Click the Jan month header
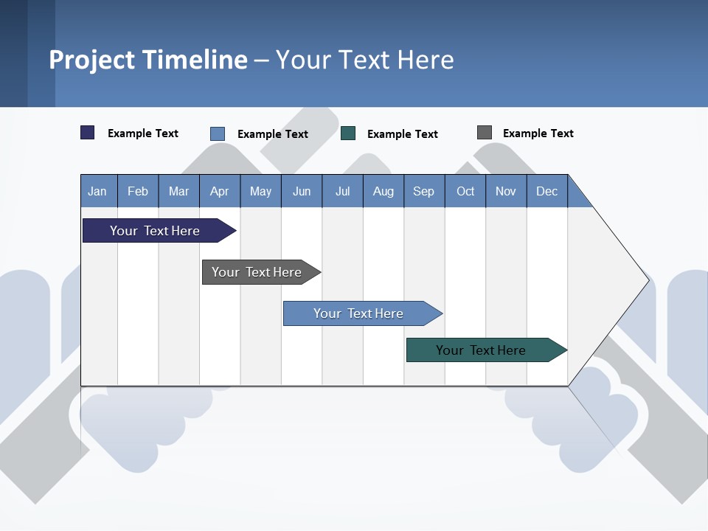pos(97,191)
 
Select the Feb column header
pos(138,191)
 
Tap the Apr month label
pos(219,191)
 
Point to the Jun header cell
pos(302,191)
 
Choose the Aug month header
pos(383,191)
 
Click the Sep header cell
pos(423,191)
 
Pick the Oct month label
pos(465,191)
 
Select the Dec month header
pos(546,191)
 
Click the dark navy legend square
pos(88,133)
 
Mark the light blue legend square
pos(218,133)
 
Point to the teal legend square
pos(348,133)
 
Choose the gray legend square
pos(485,133)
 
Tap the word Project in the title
pos(91,60)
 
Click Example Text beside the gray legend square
pos(538,133)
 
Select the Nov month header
pos(506,191)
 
